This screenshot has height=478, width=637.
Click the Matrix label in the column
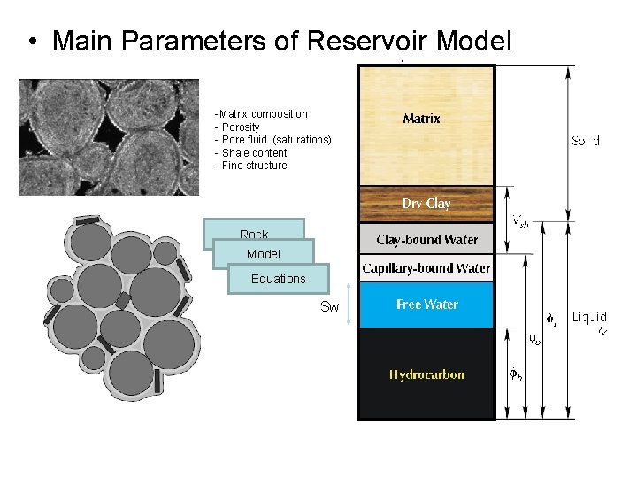(421, 119)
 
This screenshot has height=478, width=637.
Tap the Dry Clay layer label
(426, 204)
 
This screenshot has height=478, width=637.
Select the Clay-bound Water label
(426, 240)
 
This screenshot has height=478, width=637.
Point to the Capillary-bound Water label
(426, 267)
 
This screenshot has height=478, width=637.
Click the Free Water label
(426, 305)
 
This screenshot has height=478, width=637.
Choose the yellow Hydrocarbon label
(426, 374)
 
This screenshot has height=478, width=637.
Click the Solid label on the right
(586, 141)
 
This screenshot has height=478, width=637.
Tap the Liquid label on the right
(589, 317)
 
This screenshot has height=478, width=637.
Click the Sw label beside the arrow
(329, 307)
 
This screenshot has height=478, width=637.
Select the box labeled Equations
(278, 279)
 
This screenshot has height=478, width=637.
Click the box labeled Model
(264, 254)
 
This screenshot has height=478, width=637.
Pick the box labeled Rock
(254, 234)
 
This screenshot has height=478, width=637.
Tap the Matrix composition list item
(263, 114)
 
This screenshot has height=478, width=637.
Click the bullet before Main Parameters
(32, 42)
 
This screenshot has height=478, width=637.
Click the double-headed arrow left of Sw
(351, 306)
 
